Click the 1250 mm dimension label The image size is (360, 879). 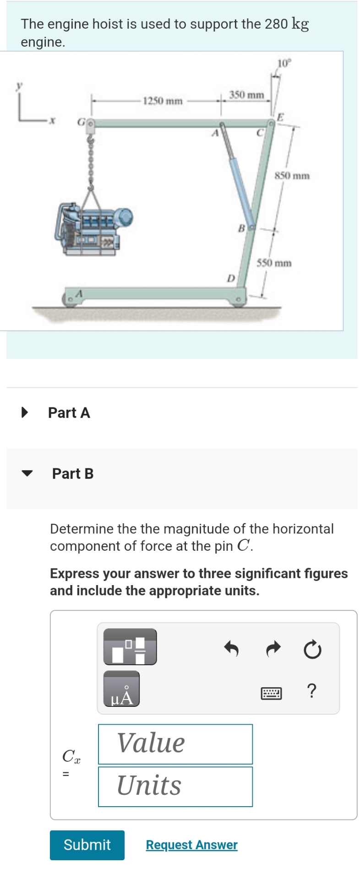tap(163, 101)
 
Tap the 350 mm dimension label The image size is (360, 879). tap(246, 95)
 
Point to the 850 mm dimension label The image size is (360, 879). tap(292, 176)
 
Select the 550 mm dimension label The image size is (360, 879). tap(274, 263)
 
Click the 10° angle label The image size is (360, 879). tap(284, 63)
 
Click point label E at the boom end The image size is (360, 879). tap(281, 117)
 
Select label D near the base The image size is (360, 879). tap(231, 278)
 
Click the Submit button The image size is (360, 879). tap(87, 845)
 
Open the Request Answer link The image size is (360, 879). tap(191, 845)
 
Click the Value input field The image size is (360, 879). tap(175, 743)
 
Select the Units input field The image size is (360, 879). tap(175, 786)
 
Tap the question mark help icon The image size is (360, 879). tap(311, 690)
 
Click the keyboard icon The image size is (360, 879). tap(271, 693)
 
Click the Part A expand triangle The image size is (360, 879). tap(25, 412)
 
